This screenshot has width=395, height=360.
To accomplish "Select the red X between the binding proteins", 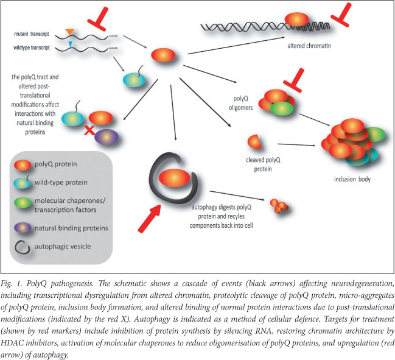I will coord(90,129).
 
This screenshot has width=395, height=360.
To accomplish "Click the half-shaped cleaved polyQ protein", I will coord(254,143).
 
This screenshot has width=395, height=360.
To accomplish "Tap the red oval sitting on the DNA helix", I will coord(297,19).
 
